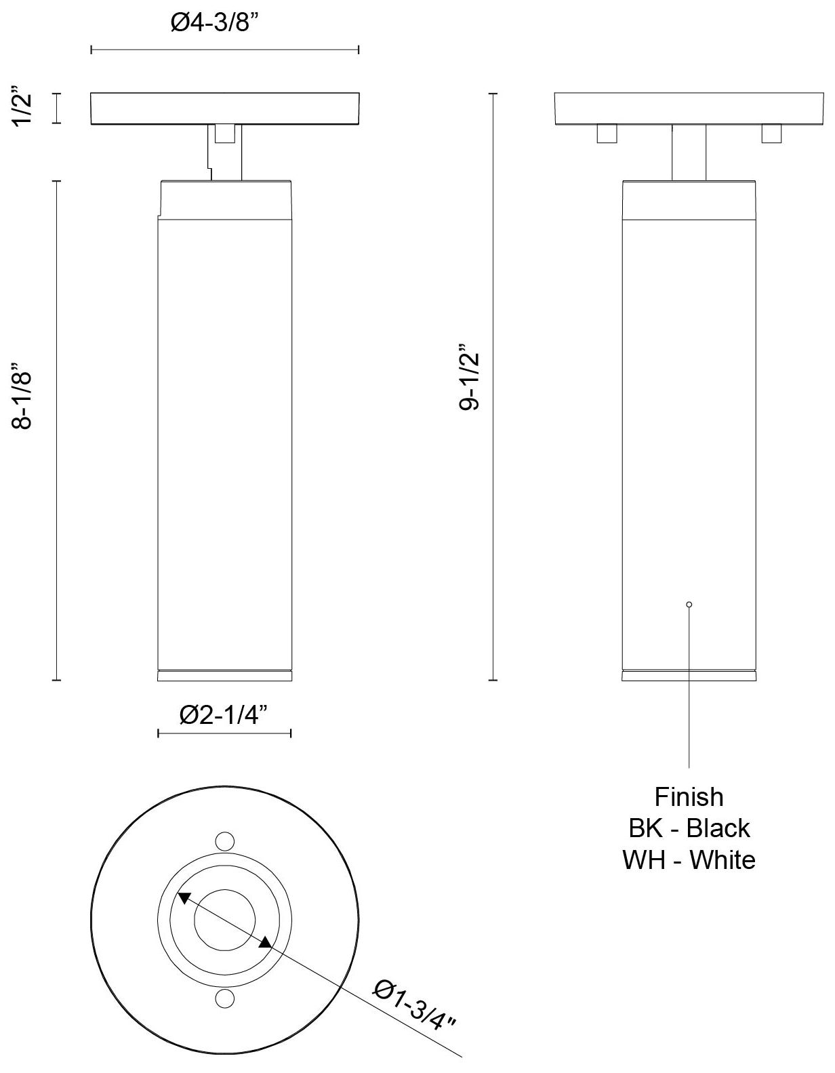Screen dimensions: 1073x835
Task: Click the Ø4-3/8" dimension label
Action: pyautogui.click(x=216, y=23)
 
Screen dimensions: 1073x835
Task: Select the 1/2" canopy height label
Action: pyautogui.click(x=26, y=108)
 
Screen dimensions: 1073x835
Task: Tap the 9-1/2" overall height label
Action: pyautogui.click(x=470, y=381)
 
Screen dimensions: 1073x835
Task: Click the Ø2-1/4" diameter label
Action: pyautogui.click(x=224, y=714)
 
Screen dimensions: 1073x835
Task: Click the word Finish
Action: pyautogui.click(x=689, y=796)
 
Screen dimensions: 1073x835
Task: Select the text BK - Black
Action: pyautogui.click(x=689, y=828)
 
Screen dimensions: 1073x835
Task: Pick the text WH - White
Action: pyautogui.click(x=689, y=859)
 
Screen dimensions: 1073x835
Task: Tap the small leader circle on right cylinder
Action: pyautogui.click(x=689, y=604)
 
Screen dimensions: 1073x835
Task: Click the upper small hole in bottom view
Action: pyautogui.click(x=224, y=841)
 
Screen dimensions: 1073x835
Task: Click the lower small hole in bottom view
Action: pyautogui.click(x=224, y=998)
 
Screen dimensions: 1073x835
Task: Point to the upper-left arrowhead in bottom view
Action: pyautogui.click(x=183, y=898)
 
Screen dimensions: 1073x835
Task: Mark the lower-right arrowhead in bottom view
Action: pyautogui.click(x=266, y=942)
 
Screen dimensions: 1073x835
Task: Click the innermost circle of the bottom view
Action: pyautogui.click(x=224, y=919)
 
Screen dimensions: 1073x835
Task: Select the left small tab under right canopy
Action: pyautogui.click(x=607, y=134)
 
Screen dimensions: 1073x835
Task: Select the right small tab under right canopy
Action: pyautogui.click(x=771, y=134)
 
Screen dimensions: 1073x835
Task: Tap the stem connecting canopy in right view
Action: pyautogui.click(x=689, y=153)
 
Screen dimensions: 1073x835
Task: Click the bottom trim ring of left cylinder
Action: pyautogui.click(x=224, y=676)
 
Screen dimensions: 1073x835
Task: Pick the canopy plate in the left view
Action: pyautogui.click(x=224, y=108)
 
